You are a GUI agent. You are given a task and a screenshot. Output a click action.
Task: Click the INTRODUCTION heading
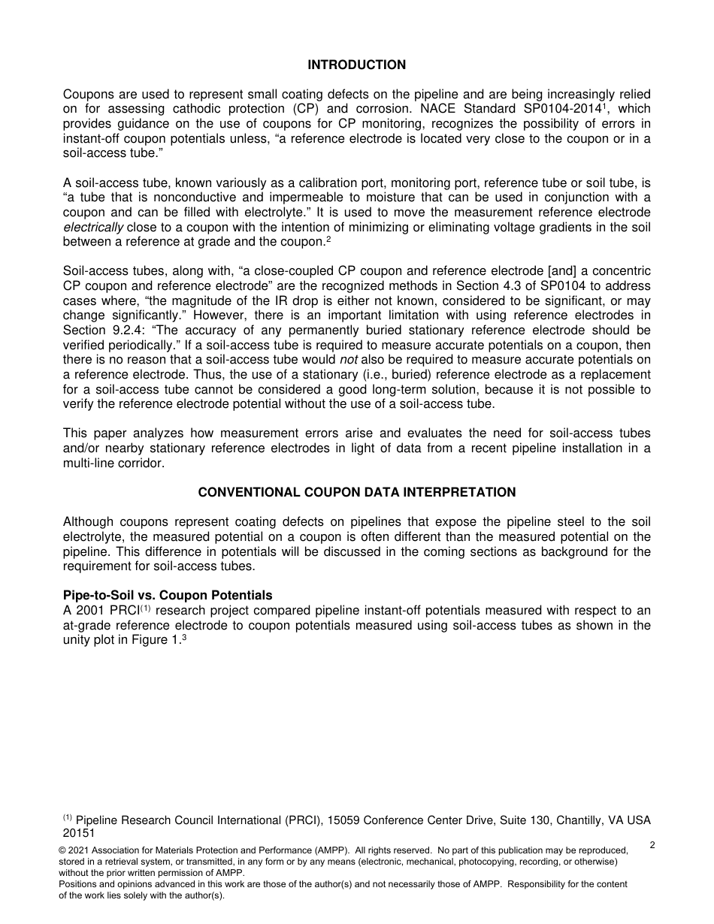pos(356,65)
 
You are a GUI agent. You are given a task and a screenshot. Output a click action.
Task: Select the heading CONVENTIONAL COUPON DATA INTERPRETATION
pos(356,493)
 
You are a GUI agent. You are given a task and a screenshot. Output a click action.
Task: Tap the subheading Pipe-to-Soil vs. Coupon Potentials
pos(168,596)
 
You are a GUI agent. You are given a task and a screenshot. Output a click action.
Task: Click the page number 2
pos(652,845)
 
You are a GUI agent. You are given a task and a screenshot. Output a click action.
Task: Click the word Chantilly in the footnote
pos(579,820)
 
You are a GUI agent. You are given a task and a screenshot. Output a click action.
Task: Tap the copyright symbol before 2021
pos(62,850)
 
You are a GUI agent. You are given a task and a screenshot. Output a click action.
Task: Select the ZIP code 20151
pos(79,833)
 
